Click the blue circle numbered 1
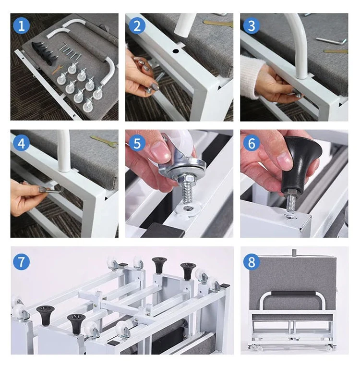click(21, 25)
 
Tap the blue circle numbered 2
click(137, 25)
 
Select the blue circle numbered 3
click(252, 25)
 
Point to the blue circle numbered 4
click(21, 143)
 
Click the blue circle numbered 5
click(137, 143)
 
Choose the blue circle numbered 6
click(252, 143)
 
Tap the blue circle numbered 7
click(21, 261)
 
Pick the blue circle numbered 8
click(252, 261)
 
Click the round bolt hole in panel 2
click(176, 51)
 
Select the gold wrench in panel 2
click(218, 23)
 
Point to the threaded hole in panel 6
click(291, 216)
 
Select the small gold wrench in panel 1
click(57, 70)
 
